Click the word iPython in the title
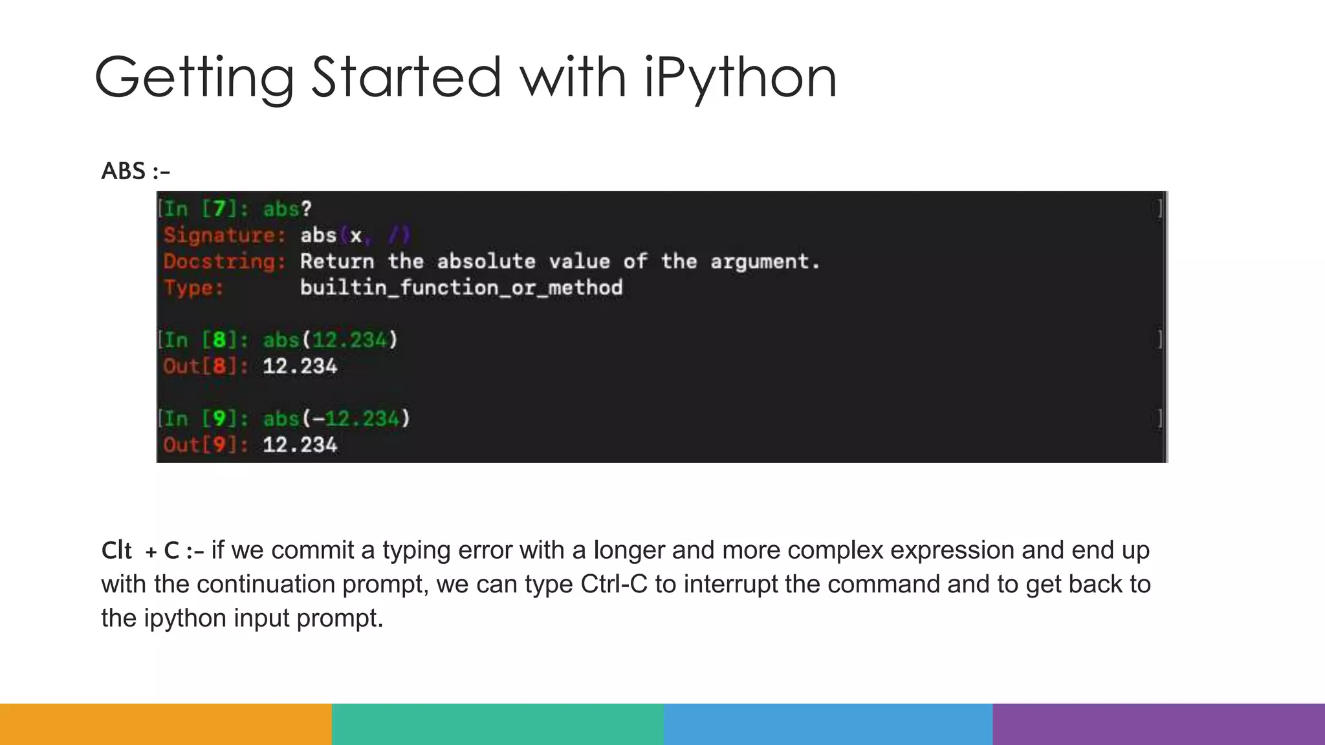[740, 78]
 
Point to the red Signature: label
[224, 235]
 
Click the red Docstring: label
[224, 261]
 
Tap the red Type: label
[193, 288]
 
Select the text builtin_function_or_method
[461, 288]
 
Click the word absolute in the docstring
[486, 261]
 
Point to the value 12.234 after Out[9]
[300, 445]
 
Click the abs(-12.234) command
[336, 419]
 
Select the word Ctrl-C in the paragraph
[614, 584]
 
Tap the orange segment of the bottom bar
[166, 724]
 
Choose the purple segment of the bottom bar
[1159, 724]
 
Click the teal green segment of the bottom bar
[498, 724]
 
